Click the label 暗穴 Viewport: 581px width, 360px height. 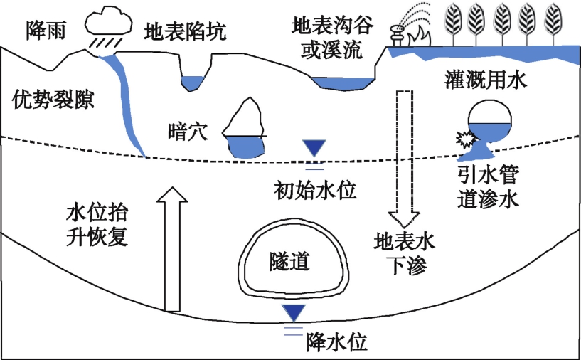(x=186, y=130)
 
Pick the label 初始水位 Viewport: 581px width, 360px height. (x=314, y=190)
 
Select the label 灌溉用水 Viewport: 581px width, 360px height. (x=487, y=82)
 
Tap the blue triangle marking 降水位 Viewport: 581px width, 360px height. (x=293, y=312)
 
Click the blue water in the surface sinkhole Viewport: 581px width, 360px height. (x=191, y=84)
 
